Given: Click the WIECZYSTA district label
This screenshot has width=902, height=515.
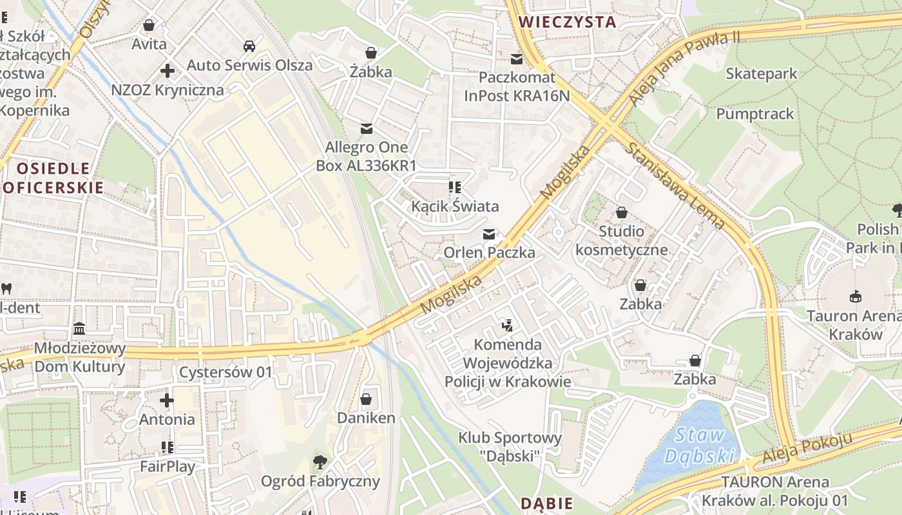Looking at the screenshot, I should click(567, 22).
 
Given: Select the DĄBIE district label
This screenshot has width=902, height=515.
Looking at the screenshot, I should click(546, 503).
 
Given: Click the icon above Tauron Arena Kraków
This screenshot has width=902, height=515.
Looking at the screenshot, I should click(855, 296).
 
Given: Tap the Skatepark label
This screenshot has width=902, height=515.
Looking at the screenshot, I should click(761, 74).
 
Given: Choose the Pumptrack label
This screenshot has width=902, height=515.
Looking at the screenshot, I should click(755, 114).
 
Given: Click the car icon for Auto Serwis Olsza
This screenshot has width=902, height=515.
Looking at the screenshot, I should click(249, 46).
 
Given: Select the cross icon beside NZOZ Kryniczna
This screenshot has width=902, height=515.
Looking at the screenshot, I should click(168, 70).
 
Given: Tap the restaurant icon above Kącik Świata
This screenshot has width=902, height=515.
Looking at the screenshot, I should click(455, 187).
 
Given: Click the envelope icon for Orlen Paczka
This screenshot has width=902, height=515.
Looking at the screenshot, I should click(490, 234).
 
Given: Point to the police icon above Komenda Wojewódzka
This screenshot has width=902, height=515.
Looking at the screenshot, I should click(508, 325).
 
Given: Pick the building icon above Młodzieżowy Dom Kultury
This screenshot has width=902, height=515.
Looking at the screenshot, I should click(79, 329).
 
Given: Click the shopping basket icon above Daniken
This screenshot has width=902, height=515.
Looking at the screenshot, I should click(366, 399).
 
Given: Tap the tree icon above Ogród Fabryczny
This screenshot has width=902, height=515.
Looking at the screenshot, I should click(320, 462).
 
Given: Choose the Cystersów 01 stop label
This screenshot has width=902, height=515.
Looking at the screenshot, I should click(225, 372).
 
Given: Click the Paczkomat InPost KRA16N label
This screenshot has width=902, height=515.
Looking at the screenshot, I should click(517, 86).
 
